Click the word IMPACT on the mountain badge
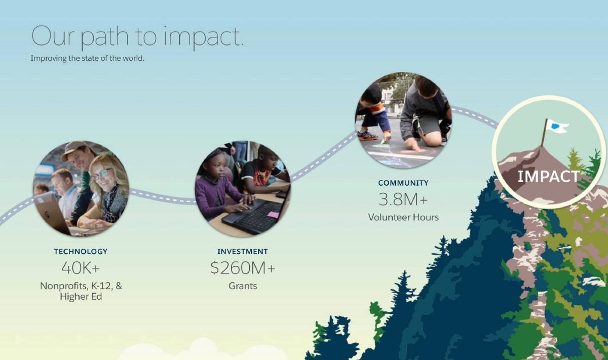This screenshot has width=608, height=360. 549,177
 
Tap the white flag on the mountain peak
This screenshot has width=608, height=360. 557,126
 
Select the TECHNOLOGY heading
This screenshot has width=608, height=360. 81,252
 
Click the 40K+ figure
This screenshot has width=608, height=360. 81,268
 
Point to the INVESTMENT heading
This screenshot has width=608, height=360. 243,252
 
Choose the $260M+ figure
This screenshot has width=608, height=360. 243,268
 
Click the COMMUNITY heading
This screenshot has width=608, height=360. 403,183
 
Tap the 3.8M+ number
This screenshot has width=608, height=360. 403,199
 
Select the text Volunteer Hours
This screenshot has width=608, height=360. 403,217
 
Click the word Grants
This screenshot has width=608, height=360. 243,286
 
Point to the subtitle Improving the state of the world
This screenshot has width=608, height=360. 87,58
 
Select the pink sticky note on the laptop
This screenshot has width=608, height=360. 273,215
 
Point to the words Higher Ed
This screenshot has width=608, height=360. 81,297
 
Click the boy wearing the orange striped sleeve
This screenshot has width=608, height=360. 373,114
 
